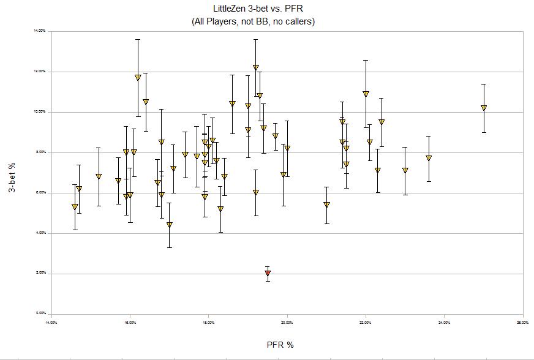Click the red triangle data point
268,273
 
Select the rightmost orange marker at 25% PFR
484,108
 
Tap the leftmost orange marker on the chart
75,207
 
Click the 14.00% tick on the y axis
42,31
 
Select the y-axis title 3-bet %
12,172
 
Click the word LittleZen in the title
224,9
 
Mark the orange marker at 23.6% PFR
429,158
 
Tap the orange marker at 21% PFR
326,204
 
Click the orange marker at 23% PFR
405,171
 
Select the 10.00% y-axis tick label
42,111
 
